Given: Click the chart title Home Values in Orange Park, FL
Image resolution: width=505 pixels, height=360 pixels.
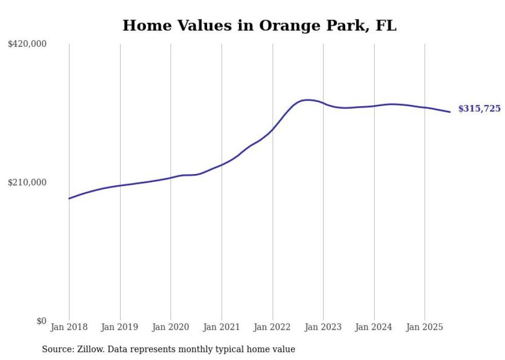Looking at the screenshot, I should coord(259,26).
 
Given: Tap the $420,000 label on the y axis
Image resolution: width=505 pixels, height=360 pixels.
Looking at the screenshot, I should coord(27,44).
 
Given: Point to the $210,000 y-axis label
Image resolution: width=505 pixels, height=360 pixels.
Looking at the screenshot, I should coord(27,182).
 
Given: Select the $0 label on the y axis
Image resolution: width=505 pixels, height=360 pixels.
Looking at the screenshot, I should coord(41,321).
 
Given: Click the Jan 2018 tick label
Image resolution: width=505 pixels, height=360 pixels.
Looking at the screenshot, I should coord(69,327).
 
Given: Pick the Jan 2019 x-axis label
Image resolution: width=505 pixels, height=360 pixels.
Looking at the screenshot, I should coord(120,327).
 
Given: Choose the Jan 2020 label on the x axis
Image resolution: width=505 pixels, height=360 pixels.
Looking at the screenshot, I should coord(171,327).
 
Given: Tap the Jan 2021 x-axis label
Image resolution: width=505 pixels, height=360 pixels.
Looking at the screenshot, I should coord(222,327).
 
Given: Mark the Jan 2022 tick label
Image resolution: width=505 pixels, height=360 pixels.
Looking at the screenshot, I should coord(273,327).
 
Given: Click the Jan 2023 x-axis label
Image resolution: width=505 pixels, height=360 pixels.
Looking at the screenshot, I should coord(323,327).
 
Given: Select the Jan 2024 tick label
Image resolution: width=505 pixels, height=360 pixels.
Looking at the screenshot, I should coord(374,327).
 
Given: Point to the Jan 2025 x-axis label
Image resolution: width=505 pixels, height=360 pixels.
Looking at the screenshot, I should coord(425,327).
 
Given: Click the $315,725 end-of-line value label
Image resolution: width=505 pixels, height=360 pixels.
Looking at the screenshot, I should coord(479,109).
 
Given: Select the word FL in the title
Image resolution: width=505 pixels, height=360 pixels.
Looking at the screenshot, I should coord(386,26).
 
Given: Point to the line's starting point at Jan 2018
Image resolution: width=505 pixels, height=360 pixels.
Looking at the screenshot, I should coord(69,198).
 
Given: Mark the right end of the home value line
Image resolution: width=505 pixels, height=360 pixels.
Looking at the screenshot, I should coord(450,112).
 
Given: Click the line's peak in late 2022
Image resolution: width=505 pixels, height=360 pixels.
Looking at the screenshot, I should coord(308,100).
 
